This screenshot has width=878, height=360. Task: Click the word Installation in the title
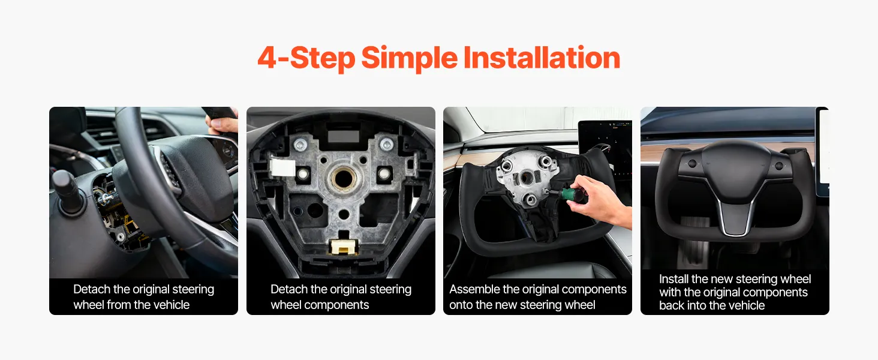point(542,58)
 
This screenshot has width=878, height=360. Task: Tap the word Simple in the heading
point(409,59)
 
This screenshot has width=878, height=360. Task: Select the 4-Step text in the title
point(306,59)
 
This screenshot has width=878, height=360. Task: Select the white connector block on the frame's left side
point(282,167)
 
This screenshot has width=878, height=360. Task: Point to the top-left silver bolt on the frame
point(300,145)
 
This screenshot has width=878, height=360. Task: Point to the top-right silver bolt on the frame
point(386,145)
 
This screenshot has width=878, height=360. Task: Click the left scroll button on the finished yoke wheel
point(692,164)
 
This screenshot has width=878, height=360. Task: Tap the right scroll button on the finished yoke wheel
point(779,166)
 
